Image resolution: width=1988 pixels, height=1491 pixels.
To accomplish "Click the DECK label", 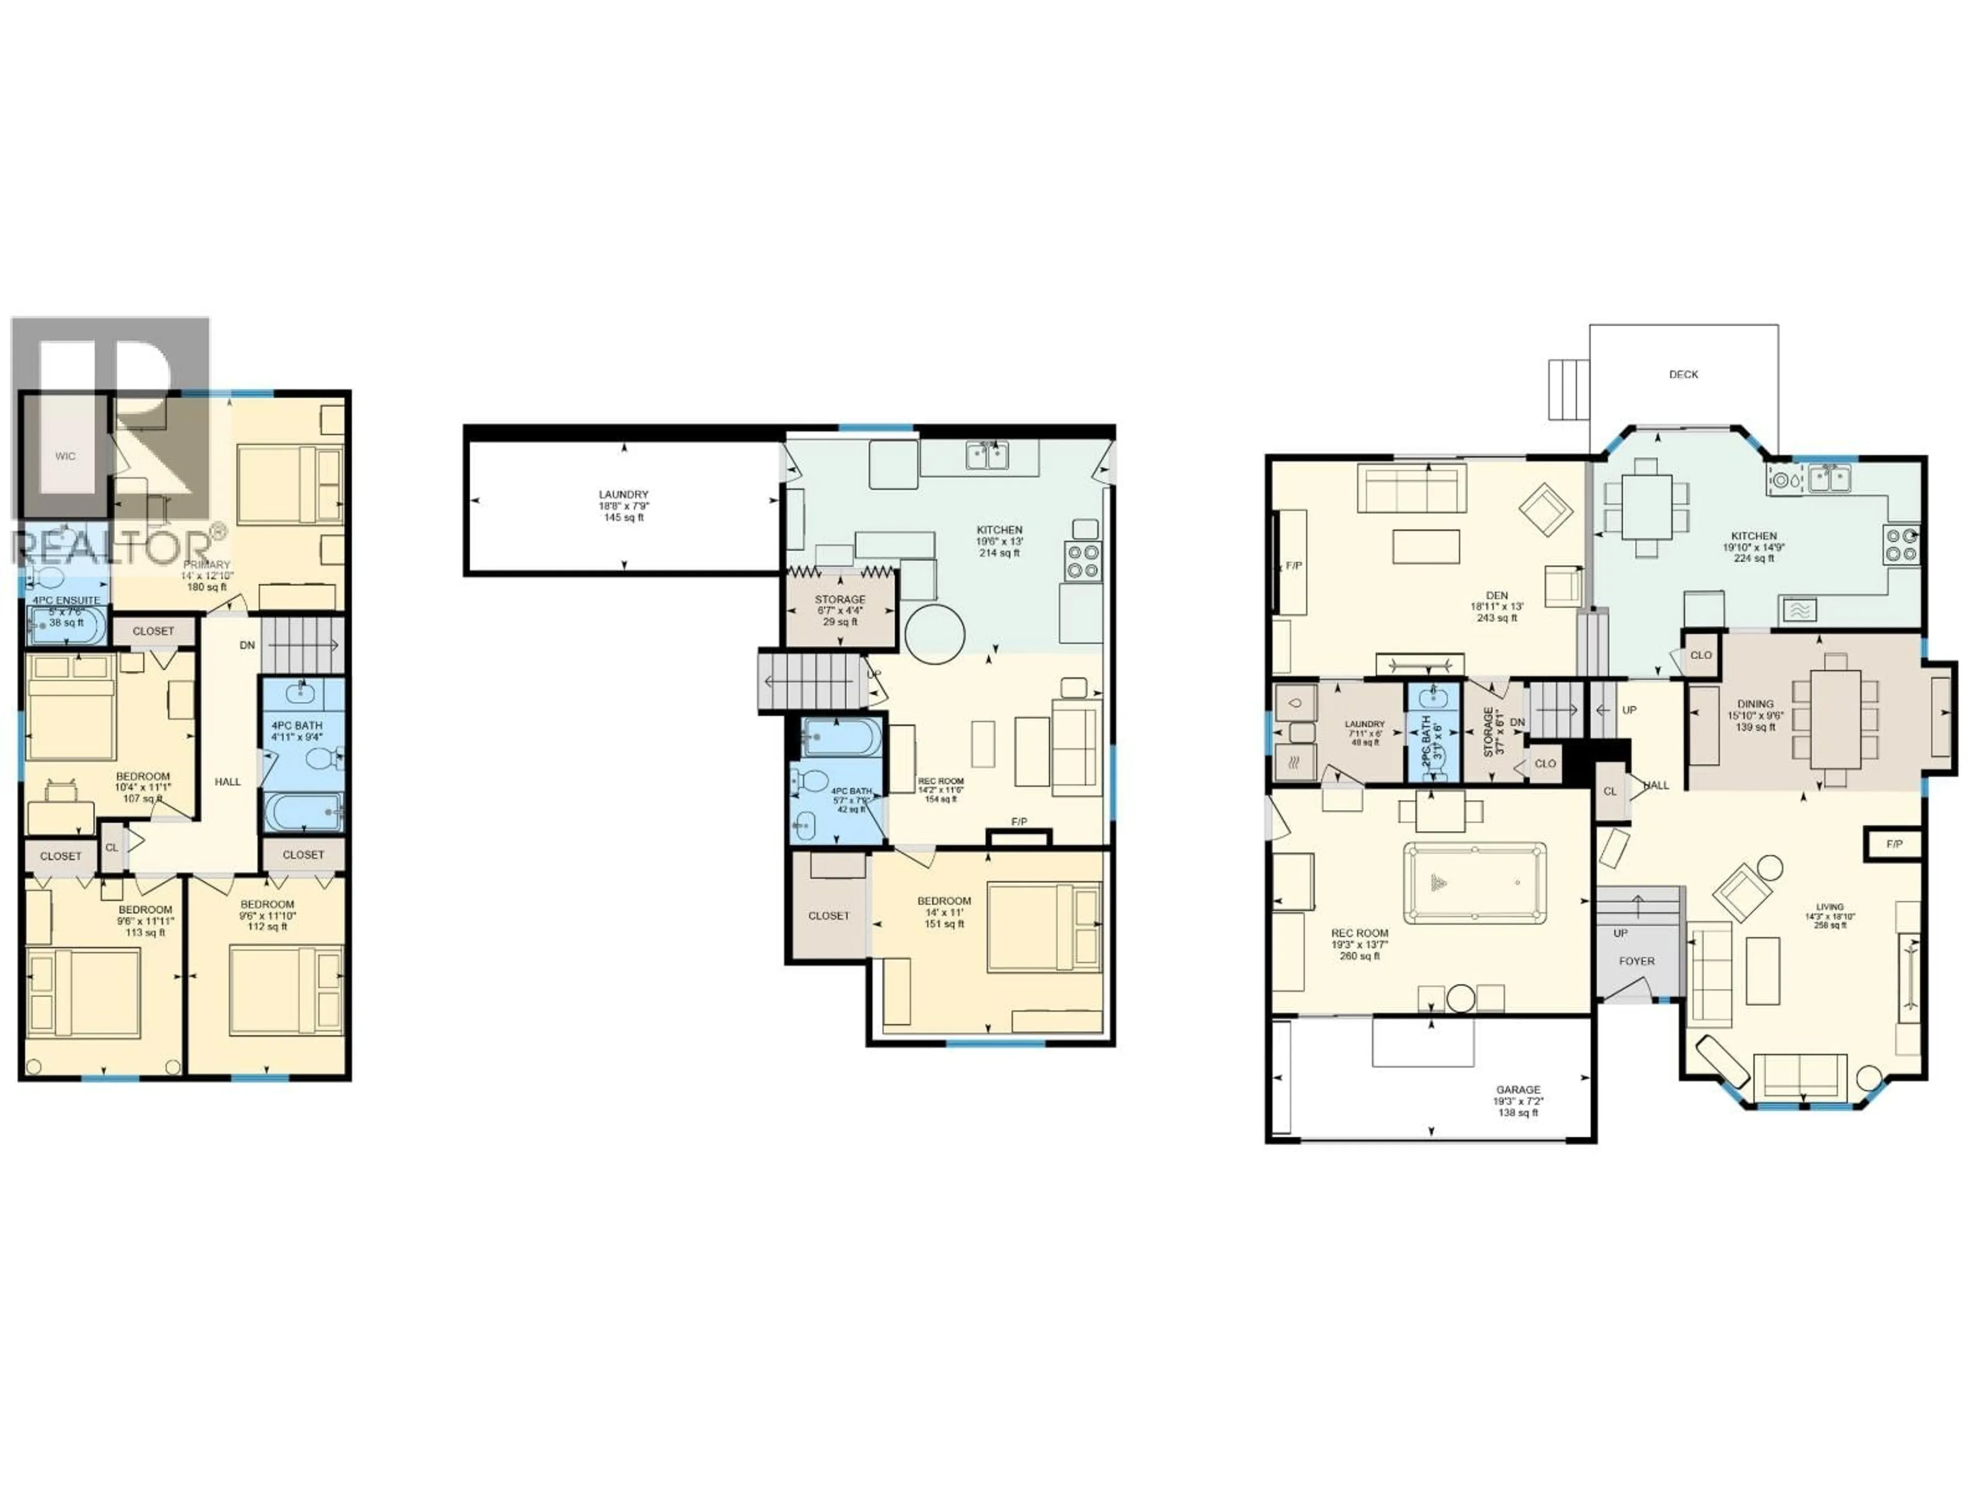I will click(1684, 374).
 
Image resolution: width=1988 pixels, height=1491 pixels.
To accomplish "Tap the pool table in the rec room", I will click(1475, 883).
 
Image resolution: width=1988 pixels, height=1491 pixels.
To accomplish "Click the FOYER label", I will click(1636, 961).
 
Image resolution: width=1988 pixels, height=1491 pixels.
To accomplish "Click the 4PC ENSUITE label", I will click(66, 601).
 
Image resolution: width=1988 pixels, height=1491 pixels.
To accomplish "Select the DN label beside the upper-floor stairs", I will click(247, 645).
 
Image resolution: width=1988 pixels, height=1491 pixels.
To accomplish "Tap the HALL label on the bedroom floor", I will click(227, 782).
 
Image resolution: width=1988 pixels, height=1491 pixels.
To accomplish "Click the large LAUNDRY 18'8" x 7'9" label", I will click(624, 494).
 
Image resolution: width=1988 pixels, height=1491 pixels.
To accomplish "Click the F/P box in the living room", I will click(1894, 844).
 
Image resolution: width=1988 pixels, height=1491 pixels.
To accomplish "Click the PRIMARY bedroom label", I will click(207, 564).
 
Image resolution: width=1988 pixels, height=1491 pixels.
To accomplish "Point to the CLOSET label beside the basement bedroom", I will click(828, 916).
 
